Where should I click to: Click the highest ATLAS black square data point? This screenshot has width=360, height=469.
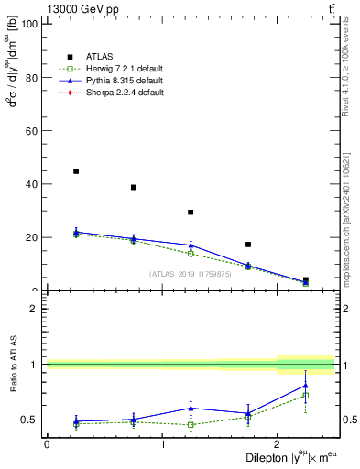76,171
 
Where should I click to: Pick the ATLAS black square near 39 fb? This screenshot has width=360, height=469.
134,187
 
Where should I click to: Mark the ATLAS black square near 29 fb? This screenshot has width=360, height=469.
191,213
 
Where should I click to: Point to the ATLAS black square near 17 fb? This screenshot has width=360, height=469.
248,245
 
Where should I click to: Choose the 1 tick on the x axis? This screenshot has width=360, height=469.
162,444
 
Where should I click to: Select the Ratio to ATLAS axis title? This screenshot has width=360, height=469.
13,377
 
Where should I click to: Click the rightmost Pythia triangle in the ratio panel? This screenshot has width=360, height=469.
305,386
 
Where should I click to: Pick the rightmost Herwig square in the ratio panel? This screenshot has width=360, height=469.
305,396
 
